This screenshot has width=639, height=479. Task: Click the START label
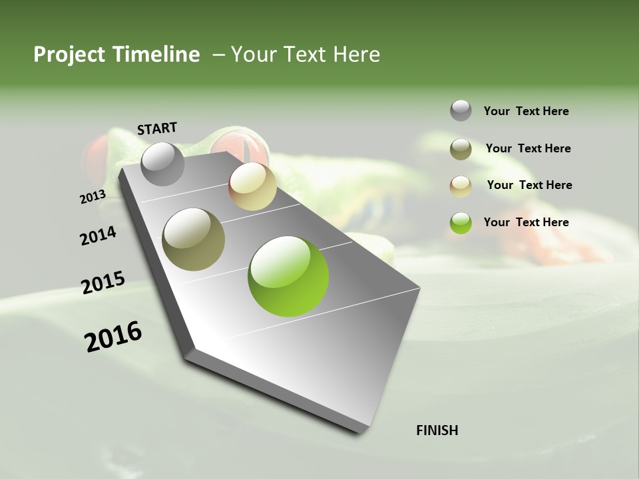coord(157,128)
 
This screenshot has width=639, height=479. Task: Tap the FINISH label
coord(437,430)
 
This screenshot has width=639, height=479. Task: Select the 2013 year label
coord(93,197)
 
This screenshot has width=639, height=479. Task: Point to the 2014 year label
coord(98,236)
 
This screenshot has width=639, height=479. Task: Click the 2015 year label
coord(103,282)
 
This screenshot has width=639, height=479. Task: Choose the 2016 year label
coord(113,336)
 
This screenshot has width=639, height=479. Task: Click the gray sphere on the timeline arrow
coord(162,164)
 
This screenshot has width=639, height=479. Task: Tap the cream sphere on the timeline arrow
coord(252,186)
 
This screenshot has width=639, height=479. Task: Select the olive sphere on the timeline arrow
coord(193,239)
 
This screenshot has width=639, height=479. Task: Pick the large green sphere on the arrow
coord(288,276)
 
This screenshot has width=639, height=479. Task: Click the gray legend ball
coord(461,110)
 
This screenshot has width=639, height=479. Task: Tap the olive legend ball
coord(461,149)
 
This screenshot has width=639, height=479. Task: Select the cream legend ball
coord(461,186)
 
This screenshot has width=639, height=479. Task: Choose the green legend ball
coord(461,223)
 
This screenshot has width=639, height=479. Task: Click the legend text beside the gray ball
coord(526,111)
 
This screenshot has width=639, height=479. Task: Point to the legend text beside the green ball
coord(526,222)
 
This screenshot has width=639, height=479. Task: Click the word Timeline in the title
coord(156,55)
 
